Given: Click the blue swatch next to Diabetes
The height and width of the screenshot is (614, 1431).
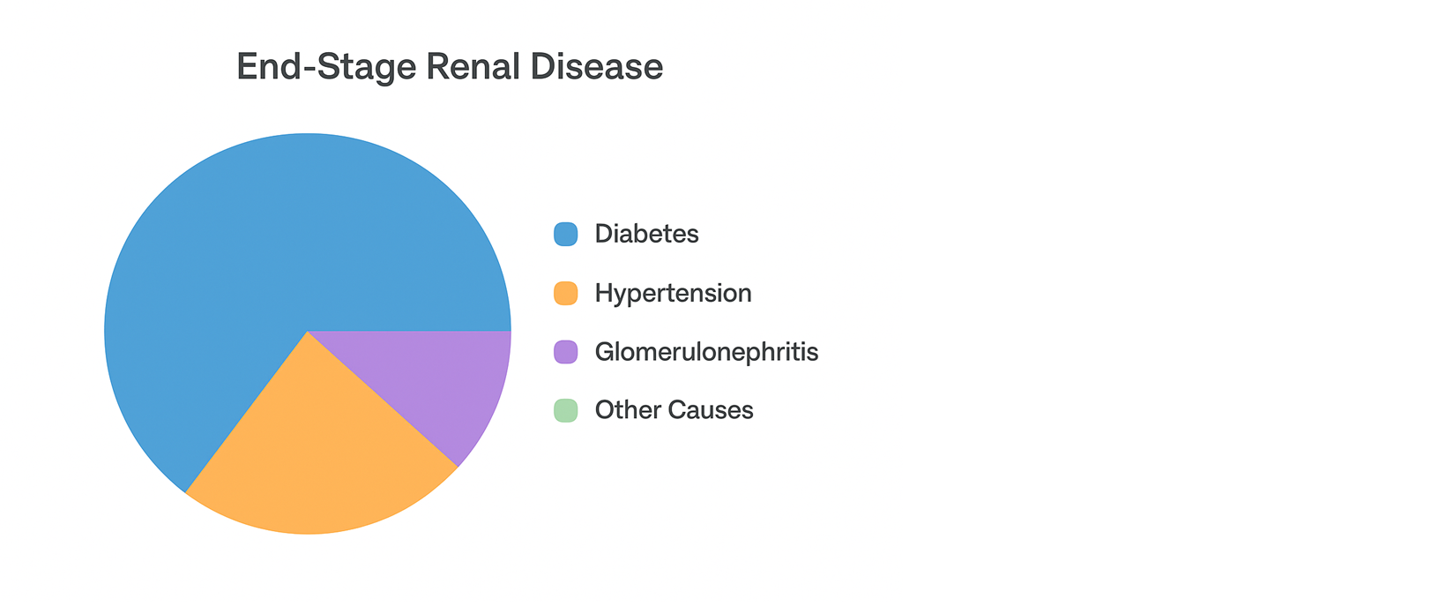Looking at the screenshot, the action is click(565, 234).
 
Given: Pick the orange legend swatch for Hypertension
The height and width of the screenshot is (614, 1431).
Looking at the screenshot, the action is click(565, 293).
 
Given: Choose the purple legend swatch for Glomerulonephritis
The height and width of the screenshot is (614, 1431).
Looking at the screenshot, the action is click(565, 352).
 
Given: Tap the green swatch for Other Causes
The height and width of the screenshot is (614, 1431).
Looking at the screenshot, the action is click(565, 410).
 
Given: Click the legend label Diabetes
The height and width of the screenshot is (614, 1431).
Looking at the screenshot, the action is click(646, 234).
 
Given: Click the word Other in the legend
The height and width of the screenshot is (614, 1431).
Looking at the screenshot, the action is click(627, 410).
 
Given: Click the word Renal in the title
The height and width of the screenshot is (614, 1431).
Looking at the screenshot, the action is click(473, 66).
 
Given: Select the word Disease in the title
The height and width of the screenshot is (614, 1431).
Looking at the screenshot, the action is click(597, 66).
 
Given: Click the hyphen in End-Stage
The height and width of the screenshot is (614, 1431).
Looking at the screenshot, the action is click(309, 69).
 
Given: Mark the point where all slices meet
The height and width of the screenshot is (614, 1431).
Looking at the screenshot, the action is click(308, 331).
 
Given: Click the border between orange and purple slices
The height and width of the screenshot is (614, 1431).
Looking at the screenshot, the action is click(383, 399).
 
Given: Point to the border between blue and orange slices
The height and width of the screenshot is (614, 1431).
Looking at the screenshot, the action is click(246, 412).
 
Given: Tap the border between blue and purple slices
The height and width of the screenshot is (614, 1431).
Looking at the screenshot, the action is click(409, 331).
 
